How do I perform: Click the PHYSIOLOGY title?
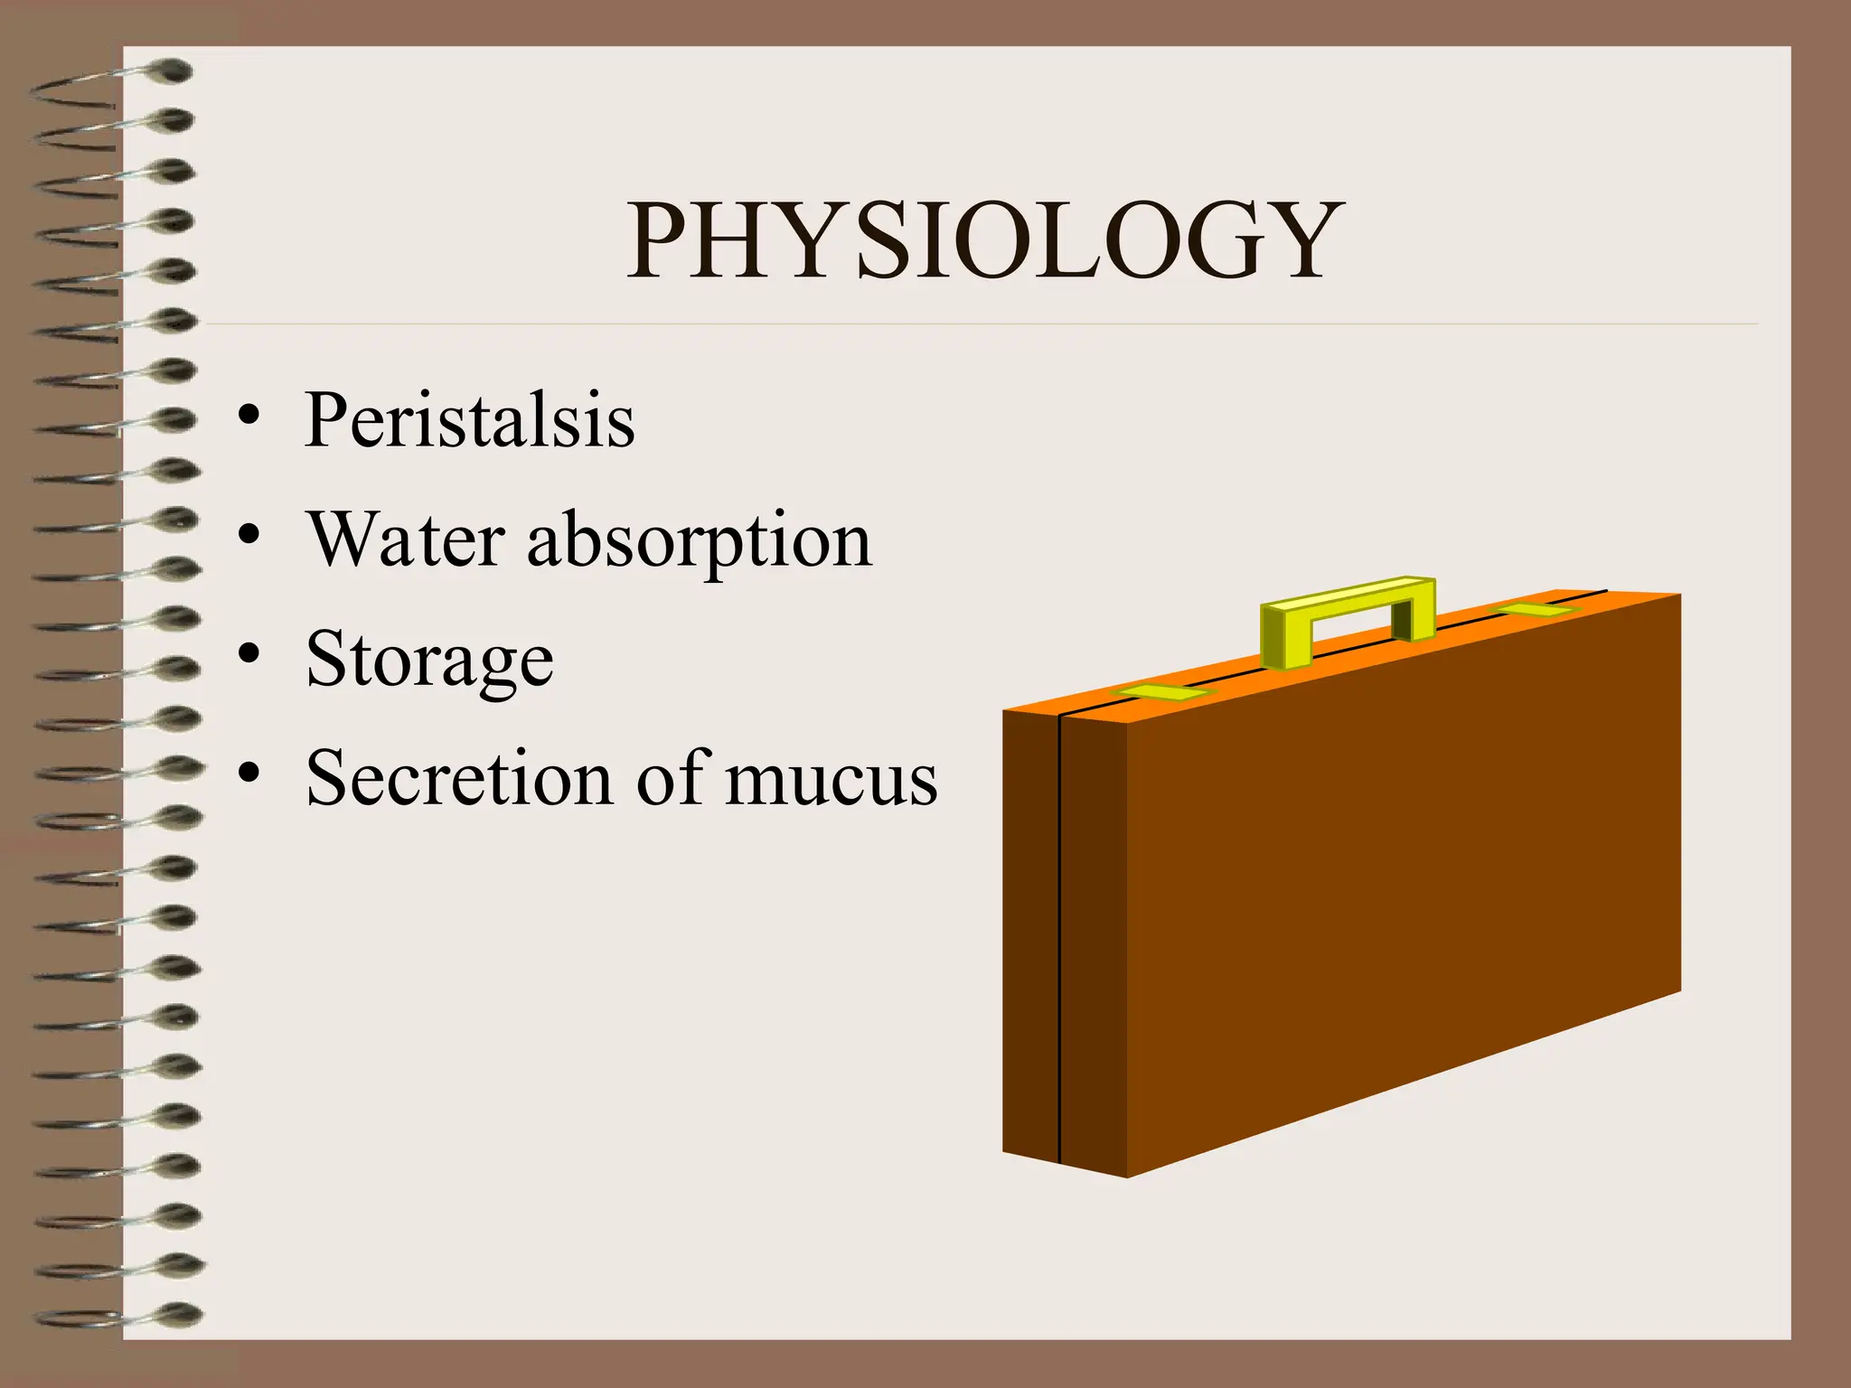click(x=985, y=239)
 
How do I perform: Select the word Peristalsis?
click(x=469, y=419)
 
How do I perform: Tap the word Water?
click(x=405, y=539)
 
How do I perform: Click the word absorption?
click(x=700, y=542)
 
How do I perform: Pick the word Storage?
click(x=429, y=661)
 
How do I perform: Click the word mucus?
click(x=831, y=780)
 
